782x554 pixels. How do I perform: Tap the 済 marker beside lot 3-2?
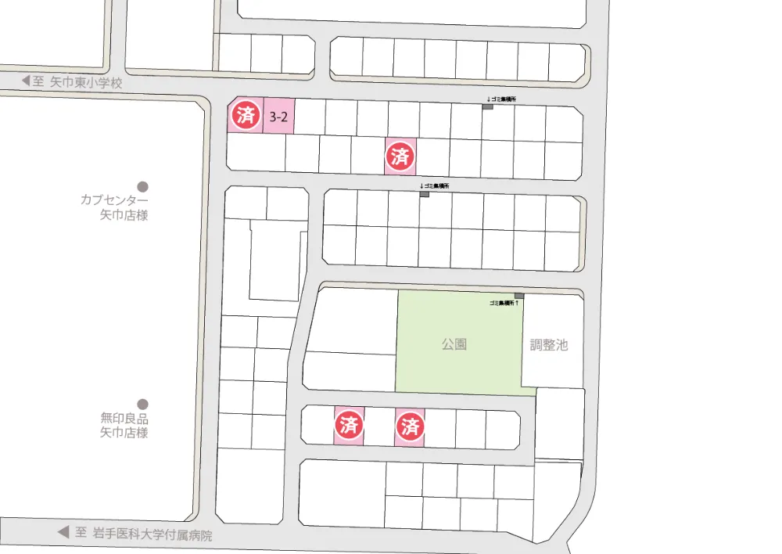pos(245,117)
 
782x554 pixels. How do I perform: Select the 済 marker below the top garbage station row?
pos(400,156)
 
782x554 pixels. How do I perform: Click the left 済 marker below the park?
pos(349,426)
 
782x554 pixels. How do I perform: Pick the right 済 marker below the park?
pos(410,426)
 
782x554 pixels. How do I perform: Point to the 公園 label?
pos(454,344)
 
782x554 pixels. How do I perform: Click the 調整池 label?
pos(549,344)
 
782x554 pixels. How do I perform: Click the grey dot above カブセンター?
pos(142,186)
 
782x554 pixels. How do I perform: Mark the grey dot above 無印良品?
pos(142,404)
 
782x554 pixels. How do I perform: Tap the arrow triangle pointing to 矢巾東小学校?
pos(25,81)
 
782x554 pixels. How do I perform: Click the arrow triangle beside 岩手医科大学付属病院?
pos(63,532)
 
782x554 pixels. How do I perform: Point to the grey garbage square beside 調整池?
pos(519,295)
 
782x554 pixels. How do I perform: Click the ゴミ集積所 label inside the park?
pos(504,302)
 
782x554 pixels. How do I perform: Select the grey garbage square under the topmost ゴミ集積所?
pos(487,106)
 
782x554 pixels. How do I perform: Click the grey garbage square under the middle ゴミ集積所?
pos(425,193)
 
